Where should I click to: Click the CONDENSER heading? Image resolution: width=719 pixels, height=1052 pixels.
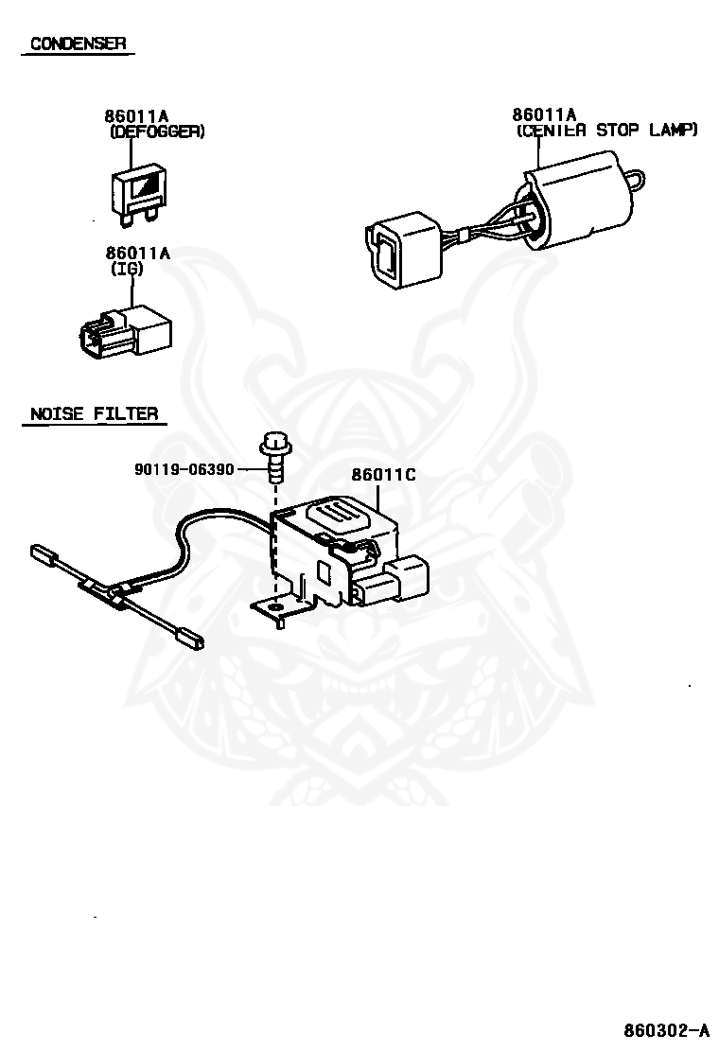[79, 44]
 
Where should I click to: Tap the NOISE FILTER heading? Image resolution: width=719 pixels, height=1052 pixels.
[94, 413]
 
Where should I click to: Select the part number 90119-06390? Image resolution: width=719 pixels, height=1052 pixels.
[184, 468]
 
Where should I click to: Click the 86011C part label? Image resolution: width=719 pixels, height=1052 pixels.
[383, 475]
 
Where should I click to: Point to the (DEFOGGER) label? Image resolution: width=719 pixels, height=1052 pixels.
[157, 132]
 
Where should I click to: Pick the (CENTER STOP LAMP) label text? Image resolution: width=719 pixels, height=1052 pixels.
[606, 130]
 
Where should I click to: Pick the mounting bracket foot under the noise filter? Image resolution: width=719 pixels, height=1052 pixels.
[275, 609]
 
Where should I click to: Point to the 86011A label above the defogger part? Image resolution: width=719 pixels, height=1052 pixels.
[136, 116]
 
